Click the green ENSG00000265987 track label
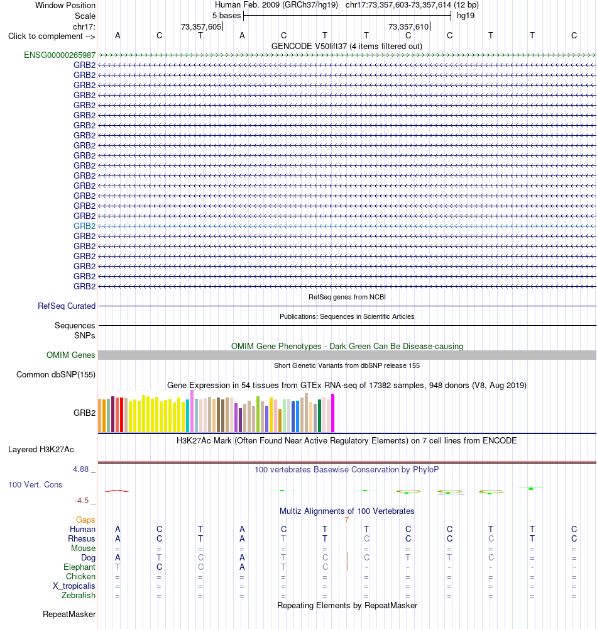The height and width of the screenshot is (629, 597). point(60,55)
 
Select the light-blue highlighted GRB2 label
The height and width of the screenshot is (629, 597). point(85,226)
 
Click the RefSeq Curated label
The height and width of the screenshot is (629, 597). point(67,306)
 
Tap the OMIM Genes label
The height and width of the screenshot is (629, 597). point(70,355)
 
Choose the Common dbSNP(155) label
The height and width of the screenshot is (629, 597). point(56,375)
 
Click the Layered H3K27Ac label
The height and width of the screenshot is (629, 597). point(41,449)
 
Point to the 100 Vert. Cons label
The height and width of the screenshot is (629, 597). point(35,484)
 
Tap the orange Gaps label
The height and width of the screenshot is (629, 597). point(85,520)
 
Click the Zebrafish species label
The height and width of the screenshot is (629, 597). point(79,595)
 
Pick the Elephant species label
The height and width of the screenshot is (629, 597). point(79,567)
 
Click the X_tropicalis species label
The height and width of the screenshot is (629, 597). point(74,586)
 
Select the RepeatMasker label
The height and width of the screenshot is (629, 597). point(69,614)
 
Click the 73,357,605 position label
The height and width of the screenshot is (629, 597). point(201,27)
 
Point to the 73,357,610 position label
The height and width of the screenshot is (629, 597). point(408,27)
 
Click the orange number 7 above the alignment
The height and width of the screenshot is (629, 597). point(347,520)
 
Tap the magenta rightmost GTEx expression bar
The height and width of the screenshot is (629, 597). point(332,413)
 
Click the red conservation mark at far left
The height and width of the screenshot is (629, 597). point(117,491)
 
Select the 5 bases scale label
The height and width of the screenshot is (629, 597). point(226,16)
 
